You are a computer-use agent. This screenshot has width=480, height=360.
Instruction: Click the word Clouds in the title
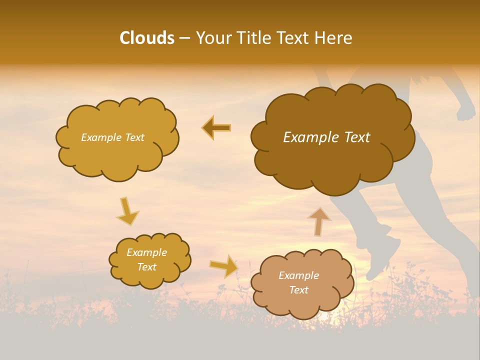click(147, 38)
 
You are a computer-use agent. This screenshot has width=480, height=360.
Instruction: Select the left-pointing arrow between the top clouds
click(216, 128)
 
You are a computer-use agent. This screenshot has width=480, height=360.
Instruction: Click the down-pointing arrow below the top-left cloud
click(127, 211)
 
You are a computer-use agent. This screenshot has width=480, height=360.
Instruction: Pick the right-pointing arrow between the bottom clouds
click(224, 265)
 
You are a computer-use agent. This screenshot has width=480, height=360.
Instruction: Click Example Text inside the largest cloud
click(326, 137)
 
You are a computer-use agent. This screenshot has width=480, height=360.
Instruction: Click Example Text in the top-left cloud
click(112, 137)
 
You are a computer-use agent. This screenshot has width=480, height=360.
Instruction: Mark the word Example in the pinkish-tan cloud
click(298, 275)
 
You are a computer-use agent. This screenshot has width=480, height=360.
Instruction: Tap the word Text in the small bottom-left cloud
click(146, 267)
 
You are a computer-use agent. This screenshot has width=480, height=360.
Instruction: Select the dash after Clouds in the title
click(184, 38)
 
